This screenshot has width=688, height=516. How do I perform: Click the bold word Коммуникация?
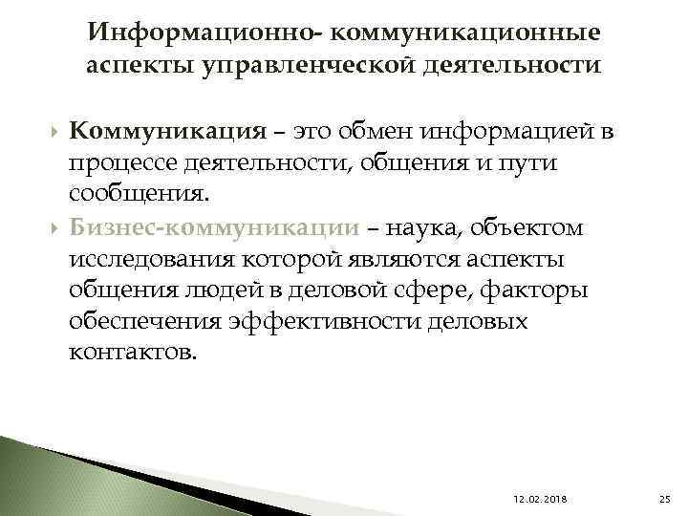[x=167, y=131]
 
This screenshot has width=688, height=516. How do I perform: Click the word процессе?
[x=123, y=163]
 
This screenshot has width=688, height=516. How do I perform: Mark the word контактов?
[x=135, y=353]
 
